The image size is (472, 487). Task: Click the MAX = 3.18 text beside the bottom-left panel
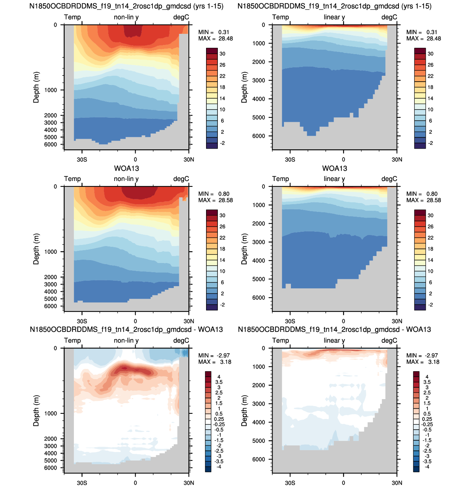[215, 362]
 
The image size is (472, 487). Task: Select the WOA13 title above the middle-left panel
[126, 168]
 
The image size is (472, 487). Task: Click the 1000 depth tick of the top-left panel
[51, 90]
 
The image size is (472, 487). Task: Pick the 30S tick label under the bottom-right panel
[290, 483]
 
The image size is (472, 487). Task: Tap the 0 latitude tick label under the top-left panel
[135, 159]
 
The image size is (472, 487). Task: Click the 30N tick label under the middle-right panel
[397, 321]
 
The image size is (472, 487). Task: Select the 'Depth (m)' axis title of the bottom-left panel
[36, 410]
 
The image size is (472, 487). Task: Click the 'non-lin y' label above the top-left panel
[126, 17]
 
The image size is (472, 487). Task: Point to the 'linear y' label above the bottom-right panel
[334, 340]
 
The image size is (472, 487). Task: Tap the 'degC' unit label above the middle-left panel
[181, 179]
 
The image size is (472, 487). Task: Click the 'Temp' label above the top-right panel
[280, 17]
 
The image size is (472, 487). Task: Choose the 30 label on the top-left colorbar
[222, 54]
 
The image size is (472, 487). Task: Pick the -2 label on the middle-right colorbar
[430, 305]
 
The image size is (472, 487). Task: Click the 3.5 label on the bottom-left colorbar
[219, 382]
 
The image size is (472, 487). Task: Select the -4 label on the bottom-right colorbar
[427, 467]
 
